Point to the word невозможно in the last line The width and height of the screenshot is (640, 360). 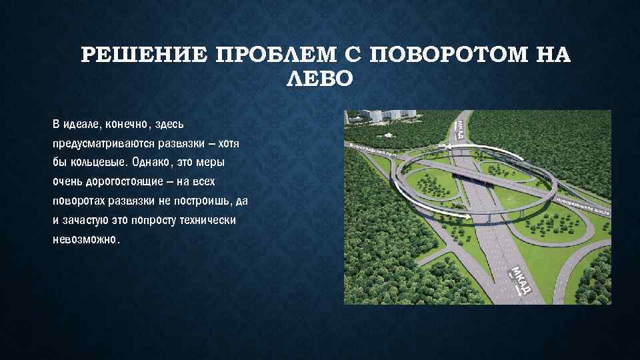point(84,240)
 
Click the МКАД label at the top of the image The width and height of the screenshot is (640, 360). point(461,129)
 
